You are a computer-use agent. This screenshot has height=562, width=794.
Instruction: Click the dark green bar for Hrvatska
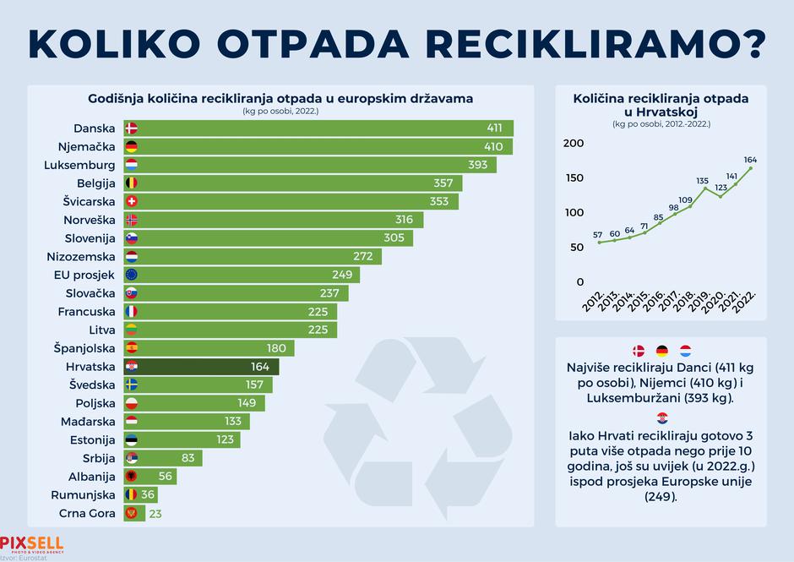coord(203,367)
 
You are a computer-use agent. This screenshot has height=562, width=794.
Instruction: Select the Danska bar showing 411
coord(321,128)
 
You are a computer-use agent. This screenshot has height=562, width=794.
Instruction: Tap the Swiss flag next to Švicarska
coord(131,202)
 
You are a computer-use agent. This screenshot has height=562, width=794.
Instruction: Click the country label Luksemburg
coord(79,165)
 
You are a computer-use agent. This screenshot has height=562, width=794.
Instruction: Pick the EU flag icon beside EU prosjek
coord(131,275)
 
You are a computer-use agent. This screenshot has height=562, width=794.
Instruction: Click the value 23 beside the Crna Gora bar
coord(155,513)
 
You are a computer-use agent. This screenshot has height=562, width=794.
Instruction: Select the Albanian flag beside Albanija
coord(131,477)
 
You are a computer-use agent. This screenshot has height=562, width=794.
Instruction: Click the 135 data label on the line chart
coord(702,180)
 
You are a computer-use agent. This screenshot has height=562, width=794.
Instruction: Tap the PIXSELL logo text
coord(31,542)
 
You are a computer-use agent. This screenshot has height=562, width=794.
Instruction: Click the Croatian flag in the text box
coord(661,417)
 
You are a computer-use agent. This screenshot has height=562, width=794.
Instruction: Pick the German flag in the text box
coord(661,351)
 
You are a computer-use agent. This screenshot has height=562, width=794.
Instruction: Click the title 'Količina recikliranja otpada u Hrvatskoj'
coord(661,105)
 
